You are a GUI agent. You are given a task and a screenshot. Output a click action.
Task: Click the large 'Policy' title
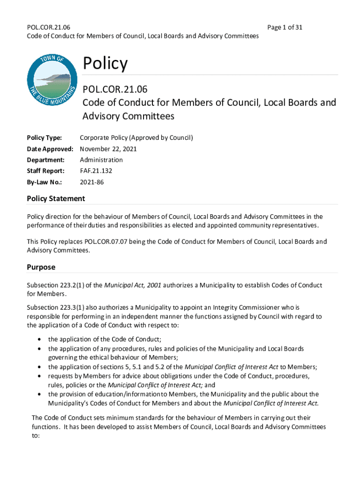(x=105, y=63)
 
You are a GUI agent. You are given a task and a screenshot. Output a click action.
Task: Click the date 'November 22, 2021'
(x=108, y=149)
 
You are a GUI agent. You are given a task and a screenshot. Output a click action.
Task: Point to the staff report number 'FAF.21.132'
(x=96, y=171)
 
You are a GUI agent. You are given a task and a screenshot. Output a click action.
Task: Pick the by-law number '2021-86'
(x=92, y=182)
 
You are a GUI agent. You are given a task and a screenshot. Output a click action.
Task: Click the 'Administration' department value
(x=101, y=160)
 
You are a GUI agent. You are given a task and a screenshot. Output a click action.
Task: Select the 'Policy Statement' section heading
(x=56, y=199)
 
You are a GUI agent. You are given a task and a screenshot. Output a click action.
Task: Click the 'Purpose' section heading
(x=41, y=267)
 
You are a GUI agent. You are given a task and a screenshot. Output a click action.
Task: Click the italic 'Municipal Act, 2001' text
(x=132, y=285)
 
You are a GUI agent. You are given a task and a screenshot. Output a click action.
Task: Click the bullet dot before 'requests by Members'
(x=39, y=376)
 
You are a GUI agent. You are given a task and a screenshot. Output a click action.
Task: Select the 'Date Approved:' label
(x=50, y=149)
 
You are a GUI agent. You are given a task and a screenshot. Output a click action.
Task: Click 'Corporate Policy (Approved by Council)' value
(x=136, y=138)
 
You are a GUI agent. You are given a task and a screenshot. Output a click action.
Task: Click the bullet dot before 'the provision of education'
(x=39, y=394)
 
